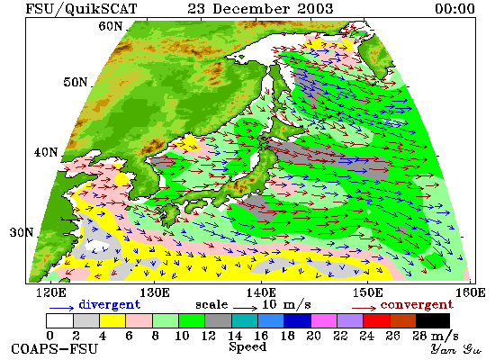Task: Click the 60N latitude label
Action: (x=110, y=26)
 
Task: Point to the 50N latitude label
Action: (x=75, y=82)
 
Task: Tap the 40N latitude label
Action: (x=46, y=152)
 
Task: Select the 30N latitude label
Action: (x=22, y=232)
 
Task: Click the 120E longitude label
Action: (x=51, y=292)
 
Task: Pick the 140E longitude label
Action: (x=261, y=292)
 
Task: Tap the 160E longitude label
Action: (x=471, y=292)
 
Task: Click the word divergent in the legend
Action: (x=109, y=304)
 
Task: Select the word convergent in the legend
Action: (x=417, y=305)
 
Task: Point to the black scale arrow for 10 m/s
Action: (x=246, y=307)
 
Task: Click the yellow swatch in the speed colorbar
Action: (x=112, y=320)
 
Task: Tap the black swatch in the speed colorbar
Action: (x=433, y=320)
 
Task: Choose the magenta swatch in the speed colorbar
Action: (x=324, y=320)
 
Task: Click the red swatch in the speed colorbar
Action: (x=376, y=320)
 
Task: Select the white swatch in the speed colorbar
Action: (x=59, y=320)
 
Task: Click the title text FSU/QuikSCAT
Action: (x=81, y=8)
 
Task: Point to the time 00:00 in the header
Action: (x=454, y=8)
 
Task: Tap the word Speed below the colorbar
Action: (x=247, y=346)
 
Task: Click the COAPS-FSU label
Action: (x=55, y=349)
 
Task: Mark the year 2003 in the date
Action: (x=315, y=8)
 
